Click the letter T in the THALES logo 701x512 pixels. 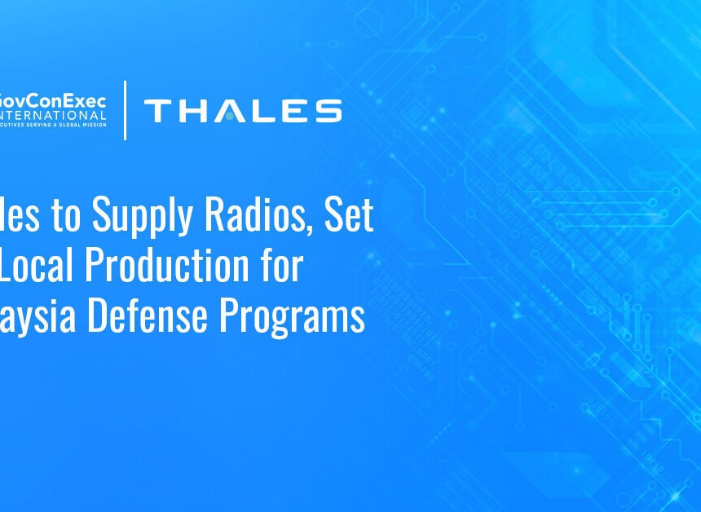[x=158, y=111]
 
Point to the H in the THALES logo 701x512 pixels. [x=192, y=111]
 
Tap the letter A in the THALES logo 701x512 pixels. [x=228, y=111]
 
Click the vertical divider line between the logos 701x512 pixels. [x=125, y=110]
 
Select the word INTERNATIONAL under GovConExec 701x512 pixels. [x=53, y=113]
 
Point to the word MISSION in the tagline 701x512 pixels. [x=92, y=125]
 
